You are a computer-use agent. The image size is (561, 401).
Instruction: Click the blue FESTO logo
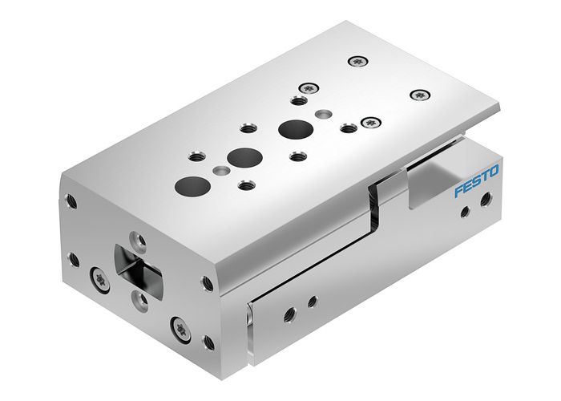click(x=477, y=181)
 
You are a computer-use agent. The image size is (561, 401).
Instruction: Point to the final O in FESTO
click(x=494, y=171)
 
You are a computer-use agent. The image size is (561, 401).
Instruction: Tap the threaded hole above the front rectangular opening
click(x=137, y=240)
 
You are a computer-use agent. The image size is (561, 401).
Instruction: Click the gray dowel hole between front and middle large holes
click(x=220, y=169)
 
